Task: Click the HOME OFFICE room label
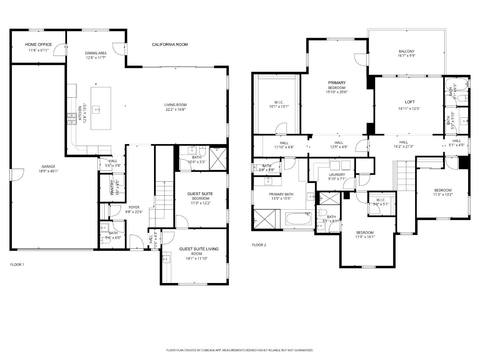click(38, 44)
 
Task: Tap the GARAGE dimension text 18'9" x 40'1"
click(48, 171)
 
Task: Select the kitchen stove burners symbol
click(72, 119)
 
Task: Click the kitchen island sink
click(97, 109)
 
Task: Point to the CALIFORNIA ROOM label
click(170, 45)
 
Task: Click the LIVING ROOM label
click(175, 105)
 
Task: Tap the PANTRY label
click(112, 187)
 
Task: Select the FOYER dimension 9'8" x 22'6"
click(134, 212)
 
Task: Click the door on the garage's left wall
click(17, 175)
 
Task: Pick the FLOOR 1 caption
click(17, 265)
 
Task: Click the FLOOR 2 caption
click(259, 245)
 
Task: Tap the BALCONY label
click(407, 51)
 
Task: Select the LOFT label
click(410, 102)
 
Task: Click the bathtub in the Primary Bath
click(298, 219)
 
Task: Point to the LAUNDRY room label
click(337, 174)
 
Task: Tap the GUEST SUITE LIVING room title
click(199, 249)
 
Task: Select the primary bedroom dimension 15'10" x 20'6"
click(337, 92)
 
